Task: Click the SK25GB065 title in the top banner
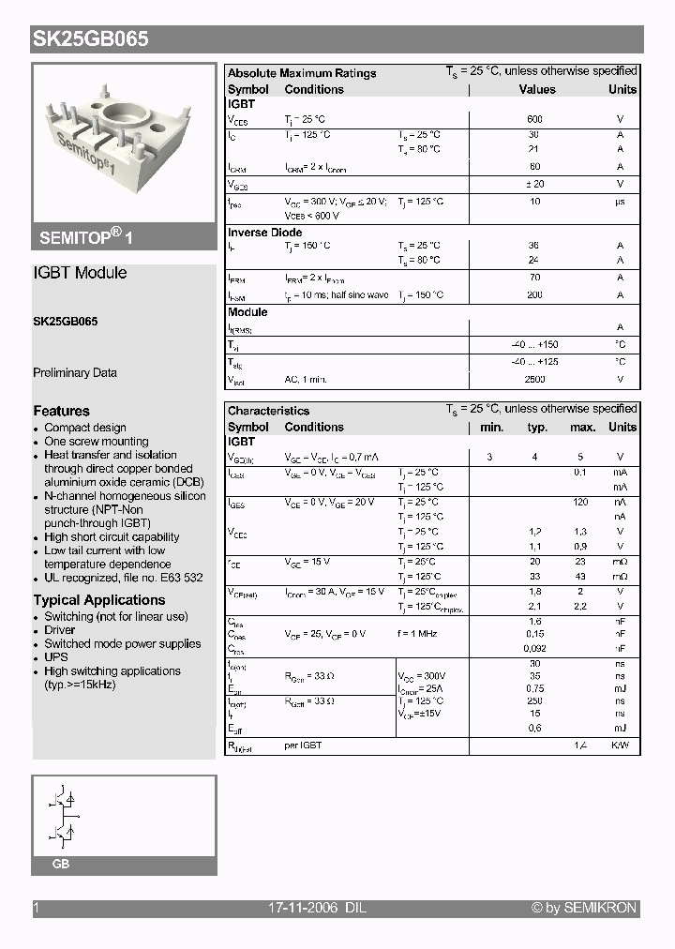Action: coord(91,39)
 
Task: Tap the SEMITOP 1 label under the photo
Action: coord(86,237)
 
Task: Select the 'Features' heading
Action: coord(62,411)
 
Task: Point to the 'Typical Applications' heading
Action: coord(99,600)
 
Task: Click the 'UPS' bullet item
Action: coord(56,657)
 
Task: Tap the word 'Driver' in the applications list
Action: coord(61,630)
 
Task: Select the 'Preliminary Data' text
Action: coord(75,372)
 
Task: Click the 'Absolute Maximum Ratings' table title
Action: coord(302,73)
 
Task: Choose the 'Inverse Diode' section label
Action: coord(265,233)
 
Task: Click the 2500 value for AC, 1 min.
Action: coord(534,380)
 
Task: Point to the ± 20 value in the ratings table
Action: coord(534,185)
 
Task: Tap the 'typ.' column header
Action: coord(537,427)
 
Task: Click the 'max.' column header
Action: coord(582,427)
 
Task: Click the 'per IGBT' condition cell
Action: coord(304,745)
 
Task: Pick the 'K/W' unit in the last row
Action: coord(620,745)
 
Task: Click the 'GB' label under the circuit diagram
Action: coord(61,864)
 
